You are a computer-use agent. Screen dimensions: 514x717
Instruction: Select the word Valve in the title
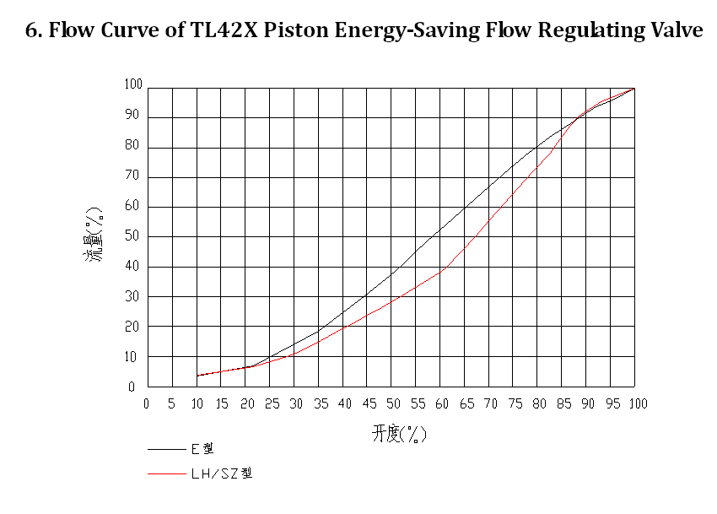(x=676, y=32)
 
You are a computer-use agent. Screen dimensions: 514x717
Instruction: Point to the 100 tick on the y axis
(x=133, y=84)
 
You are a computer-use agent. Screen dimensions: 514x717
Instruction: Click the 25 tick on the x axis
(x=271, y=403)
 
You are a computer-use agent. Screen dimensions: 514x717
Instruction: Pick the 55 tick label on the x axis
(x=418, y=403)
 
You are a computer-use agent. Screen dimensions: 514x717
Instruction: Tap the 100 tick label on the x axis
(x=637, y=403)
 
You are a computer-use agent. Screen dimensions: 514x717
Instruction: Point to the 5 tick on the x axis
(x=172, y=403)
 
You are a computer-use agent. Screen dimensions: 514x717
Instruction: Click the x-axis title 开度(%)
(x=399, y=435)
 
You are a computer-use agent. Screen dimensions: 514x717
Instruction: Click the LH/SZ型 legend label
(x=221, y=473)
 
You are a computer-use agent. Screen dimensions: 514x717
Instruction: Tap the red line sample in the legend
(x=166, y=473)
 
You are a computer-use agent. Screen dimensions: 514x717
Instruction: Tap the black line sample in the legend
(x=166, y=449)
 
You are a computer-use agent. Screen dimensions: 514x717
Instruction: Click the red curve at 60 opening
(x=443, y=269)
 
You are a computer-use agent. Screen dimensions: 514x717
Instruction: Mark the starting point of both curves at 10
(x=197, y=376)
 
